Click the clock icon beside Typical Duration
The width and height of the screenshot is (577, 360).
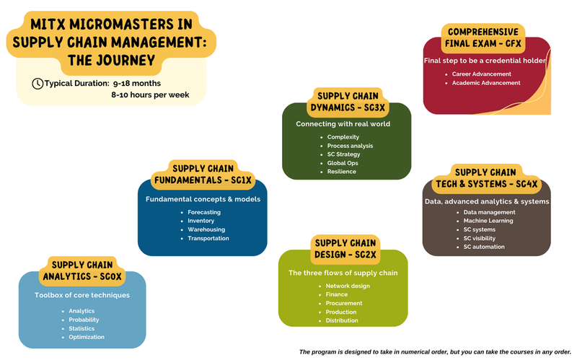tap(38, 84)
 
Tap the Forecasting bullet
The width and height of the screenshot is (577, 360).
tap(204, 212)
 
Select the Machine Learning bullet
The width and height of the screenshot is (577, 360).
tap(488, 221)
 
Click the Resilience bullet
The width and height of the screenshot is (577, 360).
tap(341, 172)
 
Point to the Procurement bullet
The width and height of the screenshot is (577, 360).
tap(343, 303)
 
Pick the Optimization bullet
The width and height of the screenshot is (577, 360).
tap(87, 337)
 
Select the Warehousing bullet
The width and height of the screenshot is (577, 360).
tap(206, 229)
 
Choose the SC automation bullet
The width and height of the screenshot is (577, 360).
tap(484, 247)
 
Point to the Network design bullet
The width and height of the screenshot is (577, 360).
tap(348, 286)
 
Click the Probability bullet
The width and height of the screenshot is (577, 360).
tap(84, 320)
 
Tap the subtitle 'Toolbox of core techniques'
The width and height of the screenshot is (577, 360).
tap(82, 295)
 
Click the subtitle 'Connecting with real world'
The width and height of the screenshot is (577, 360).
tap(343, 123)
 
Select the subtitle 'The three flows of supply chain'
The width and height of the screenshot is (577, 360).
tap(343, 273)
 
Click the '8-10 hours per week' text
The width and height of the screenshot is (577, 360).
tap(150, 95)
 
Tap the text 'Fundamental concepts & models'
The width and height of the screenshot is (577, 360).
tap(203, 198)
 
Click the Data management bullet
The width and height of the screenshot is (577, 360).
tap(489, 212)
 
